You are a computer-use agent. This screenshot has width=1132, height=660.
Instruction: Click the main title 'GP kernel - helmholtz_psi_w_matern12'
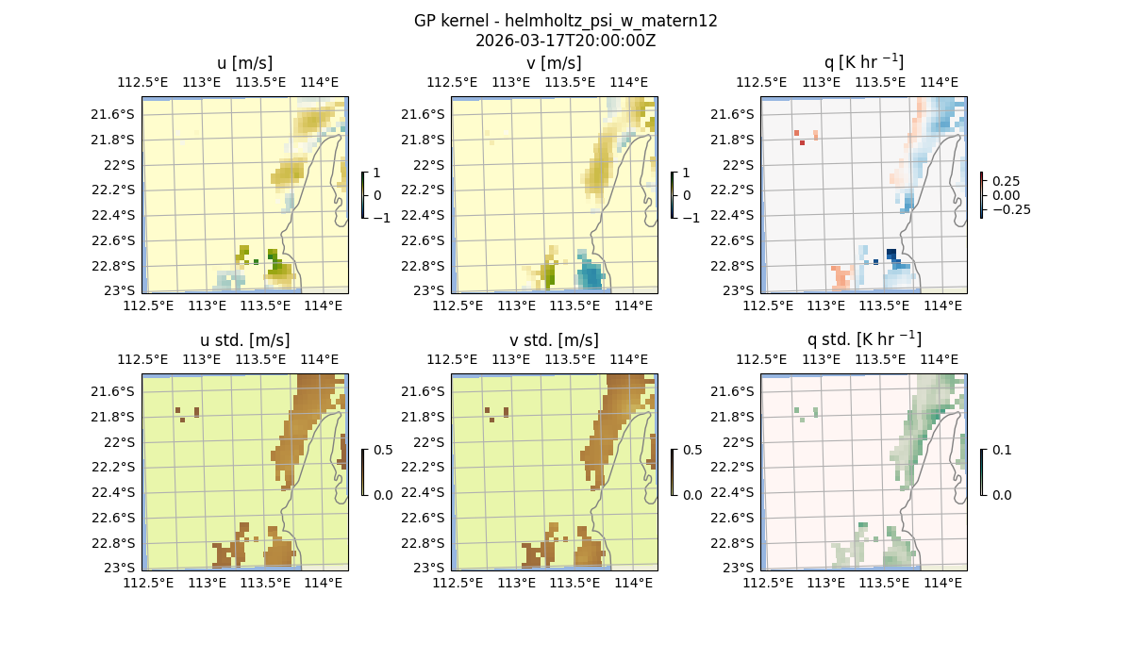tap(565, 21)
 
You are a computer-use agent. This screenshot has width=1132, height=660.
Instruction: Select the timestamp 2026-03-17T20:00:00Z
tap(565, 41)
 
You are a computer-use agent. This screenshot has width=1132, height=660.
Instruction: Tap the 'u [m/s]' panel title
tap(244, 63)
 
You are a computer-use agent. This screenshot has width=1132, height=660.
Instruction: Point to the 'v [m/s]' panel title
tap(554, 63)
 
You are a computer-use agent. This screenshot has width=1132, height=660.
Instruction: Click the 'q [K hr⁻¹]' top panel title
tap(863, 62)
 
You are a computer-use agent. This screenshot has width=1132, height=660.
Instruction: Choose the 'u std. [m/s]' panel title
tap(244, 340)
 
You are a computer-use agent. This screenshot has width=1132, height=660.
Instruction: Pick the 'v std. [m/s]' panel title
tap(554, 340)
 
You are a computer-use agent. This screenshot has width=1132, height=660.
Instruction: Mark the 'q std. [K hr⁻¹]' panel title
tap(863, 339)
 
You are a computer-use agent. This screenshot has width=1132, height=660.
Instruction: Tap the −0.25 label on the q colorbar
tap(1008, 209)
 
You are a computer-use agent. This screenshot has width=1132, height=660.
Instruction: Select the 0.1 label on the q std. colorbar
tap(1000, 450)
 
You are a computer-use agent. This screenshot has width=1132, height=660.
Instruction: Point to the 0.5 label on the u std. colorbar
tap(383, 450)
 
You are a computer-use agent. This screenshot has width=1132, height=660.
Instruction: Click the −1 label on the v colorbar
tap(691, 218)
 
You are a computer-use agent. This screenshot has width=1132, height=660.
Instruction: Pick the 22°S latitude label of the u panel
tap(120, 165)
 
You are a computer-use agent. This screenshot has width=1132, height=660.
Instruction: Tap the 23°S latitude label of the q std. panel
tap(739, 568)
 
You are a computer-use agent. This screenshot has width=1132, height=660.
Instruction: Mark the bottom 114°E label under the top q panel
tap(942, 306)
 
